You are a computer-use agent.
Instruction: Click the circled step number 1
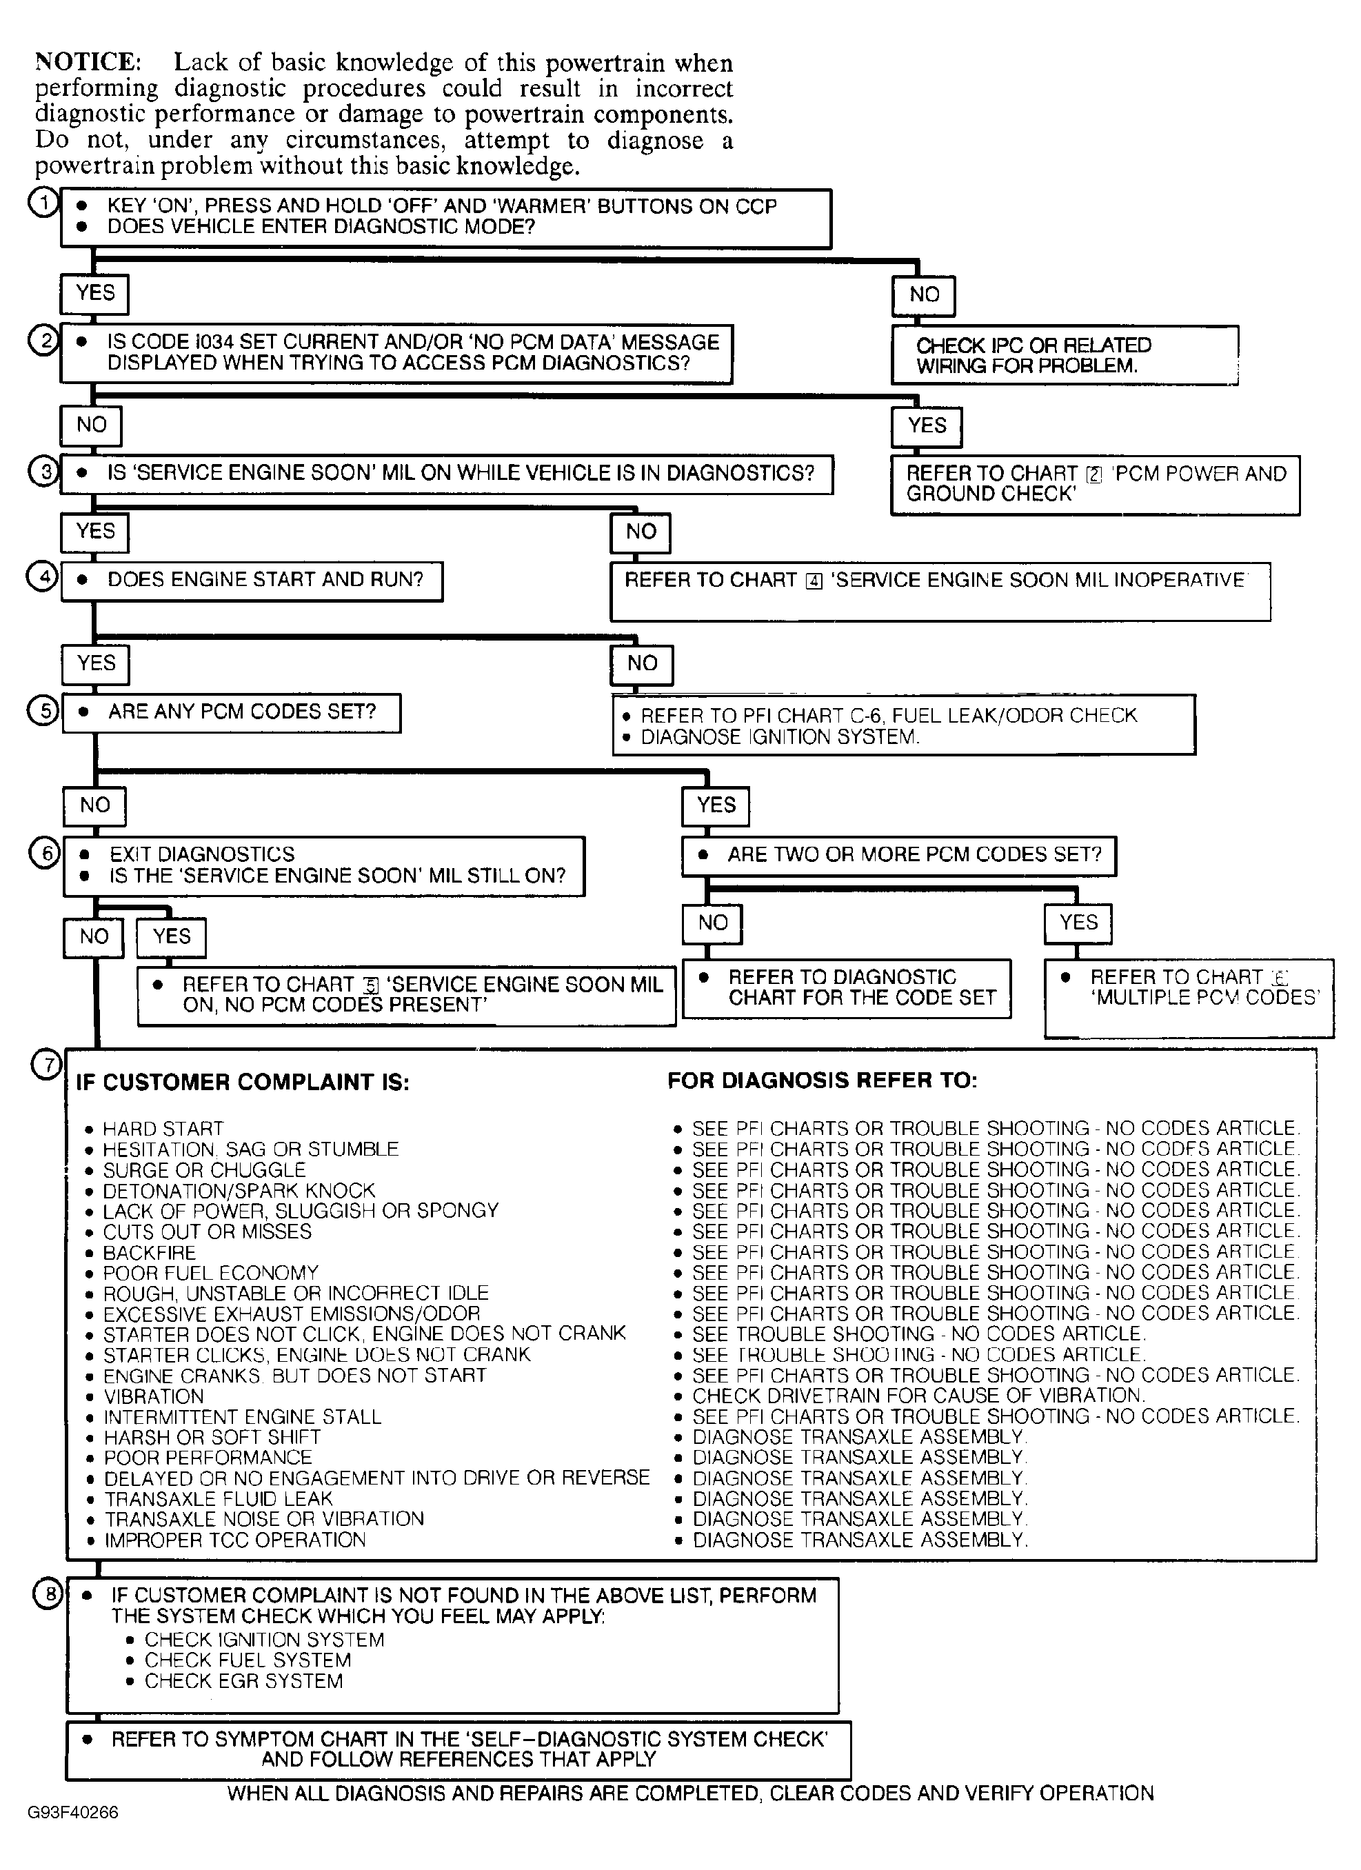(43, 202)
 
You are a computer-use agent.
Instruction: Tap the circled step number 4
(42, 576)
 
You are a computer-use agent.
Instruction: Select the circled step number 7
(47, 1065)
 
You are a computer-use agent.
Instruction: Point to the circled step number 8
(48, 1593)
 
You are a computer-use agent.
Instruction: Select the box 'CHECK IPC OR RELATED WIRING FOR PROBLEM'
(1063, 355)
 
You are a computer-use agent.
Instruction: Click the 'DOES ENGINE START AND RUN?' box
(252, 581)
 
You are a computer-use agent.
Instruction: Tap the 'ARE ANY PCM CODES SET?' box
(232, 712)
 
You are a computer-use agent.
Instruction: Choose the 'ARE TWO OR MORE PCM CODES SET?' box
(898, 856)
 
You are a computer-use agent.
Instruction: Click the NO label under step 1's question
(923, 295)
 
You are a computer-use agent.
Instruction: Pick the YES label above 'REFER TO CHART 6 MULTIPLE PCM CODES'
(1078, 923)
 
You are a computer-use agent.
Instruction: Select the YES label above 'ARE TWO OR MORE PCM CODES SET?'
(715, 805)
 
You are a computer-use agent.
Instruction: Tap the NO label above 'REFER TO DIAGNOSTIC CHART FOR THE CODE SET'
(712, 923)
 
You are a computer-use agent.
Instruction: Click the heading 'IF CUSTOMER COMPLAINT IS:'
(243, 1082)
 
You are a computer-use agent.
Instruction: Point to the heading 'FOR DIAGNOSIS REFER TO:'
(822, 1080)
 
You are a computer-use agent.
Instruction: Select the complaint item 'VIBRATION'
(153, 1397)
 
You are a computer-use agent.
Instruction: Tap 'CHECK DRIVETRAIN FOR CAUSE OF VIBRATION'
(918, 1396)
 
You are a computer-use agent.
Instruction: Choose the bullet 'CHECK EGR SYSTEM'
(243, 1680)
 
